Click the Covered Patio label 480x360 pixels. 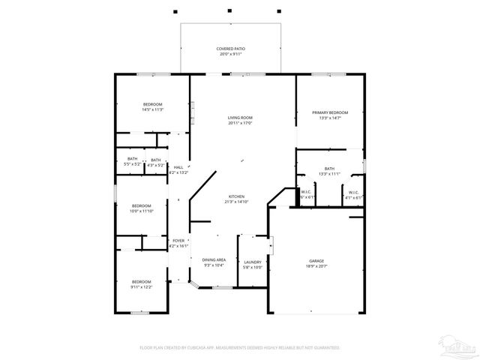coord(231,49)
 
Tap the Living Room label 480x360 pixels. coord(240,118)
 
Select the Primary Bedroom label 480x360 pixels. coord(330,112)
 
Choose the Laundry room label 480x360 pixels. coord(252,262)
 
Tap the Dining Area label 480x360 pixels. coord(214,259)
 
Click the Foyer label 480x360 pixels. coord(178,241)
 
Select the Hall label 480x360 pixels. coord(178,167)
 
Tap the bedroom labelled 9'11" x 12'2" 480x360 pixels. coord(141,283)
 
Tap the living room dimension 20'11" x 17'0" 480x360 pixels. coord(240,123)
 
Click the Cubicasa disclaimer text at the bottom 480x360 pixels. coord(240,347)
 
